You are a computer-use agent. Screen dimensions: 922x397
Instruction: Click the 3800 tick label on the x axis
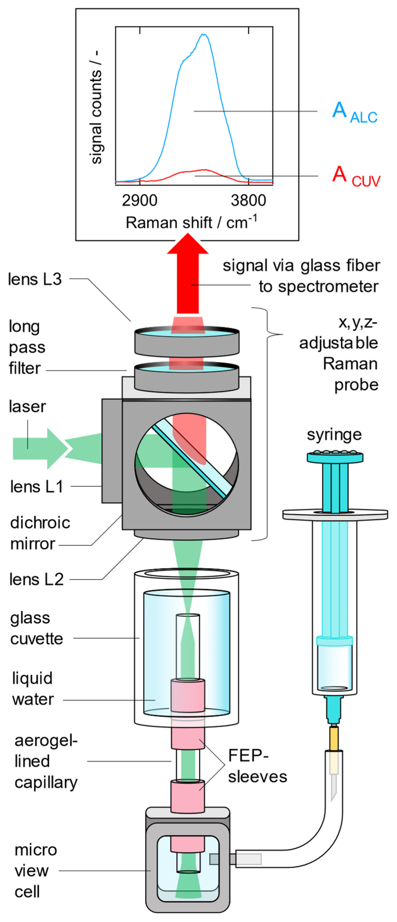coord(248,200)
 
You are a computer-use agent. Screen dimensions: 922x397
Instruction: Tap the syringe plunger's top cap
coord(335,457)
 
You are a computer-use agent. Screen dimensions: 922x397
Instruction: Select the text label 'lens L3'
coord(35,279)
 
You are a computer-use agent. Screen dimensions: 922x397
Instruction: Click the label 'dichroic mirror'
coord(39,533)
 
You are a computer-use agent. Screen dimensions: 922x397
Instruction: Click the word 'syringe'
coord(334,434)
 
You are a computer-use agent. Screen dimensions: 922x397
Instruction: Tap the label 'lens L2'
coord(36,579)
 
